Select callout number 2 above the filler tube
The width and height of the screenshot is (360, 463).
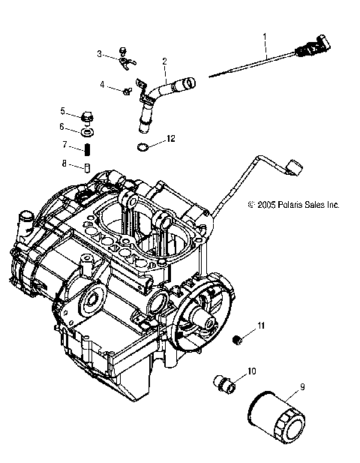tap(164, 60)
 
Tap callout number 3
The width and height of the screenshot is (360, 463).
tap(99, 53)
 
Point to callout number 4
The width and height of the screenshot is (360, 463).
tap(103, 86)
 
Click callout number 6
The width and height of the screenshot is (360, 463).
tap(63, 127)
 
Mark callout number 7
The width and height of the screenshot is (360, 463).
tap(65, 145)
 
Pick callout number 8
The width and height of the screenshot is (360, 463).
tap(65, 163)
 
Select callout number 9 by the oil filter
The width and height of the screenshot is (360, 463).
tap(301, 386)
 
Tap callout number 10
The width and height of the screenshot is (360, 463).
tap(252, 371)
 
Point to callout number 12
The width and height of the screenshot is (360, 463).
tap(171, 139)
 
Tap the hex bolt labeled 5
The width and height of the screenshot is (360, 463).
tap(88, 116)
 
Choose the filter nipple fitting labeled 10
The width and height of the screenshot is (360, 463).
tap(224, 382)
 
